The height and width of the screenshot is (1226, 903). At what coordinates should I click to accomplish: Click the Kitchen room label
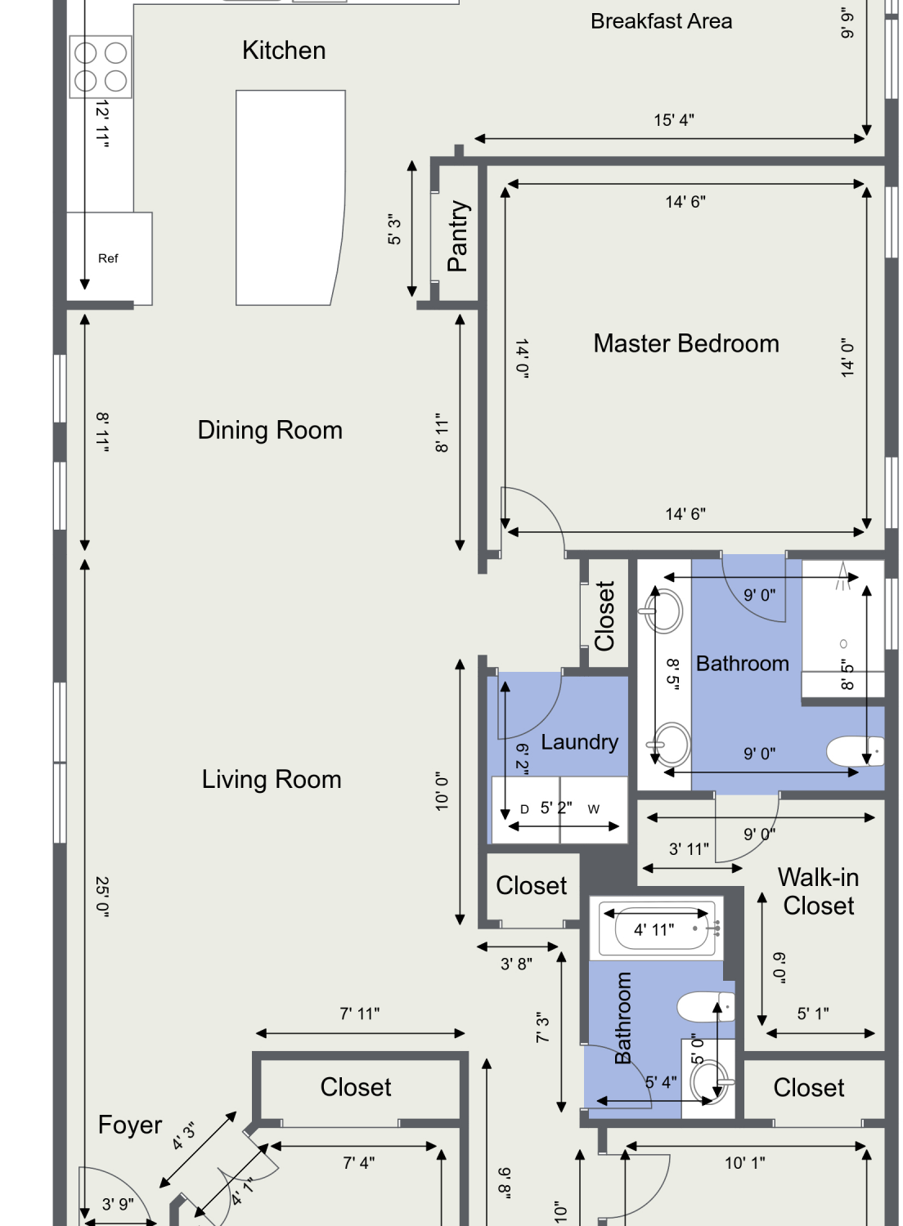tap(284, 51)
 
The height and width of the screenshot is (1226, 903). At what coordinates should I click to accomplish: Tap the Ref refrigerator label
tap(108, 258)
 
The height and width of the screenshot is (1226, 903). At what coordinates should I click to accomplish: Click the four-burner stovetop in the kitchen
tap(101, 67)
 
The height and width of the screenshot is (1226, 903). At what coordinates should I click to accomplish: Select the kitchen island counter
tap(290, 198)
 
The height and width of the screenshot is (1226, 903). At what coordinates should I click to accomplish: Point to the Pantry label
tap(458, 236)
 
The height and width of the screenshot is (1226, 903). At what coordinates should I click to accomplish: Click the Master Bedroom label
tap(686, 344)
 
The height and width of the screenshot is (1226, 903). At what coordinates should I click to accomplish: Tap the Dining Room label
tap(270, 430)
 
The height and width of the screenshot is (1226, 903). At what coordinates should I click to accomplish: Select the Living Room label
tap(272, 780)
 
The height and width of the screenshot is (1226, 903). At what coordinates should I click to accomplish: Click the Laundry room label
tap(579, 742)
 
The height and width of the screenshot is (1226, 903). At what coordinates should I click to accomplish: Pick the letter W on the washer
tap(594, 809)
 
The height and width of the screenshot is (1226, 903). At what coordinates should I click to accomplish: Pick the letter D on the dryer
tap(524, 809)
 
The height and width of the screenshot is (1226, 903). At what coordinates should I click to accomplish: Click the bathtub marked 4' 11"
tap(657, 928)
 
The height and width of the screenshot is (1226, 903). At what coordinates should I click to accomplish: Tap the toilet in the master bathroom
tap(855, 751)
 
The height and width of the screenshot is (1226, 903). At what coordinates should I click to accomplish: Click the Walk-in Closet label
tap(818, 892)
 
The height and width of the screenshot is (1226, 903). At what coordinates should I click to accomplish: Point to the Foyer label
tap(130, 1125)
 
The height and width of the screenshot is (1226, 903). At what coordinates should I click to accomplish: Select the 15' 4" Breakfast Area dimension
tap(673, 120)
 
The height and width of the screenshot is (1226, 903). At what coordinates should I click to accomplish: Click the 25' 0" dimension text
tap(102, 897)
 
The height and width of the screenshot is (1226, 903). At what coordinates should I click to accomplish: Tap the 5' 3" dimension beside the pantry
tap(394, 230)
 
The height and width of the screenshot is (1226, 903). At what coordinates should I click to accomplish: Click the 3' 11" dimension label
tap(689, 849)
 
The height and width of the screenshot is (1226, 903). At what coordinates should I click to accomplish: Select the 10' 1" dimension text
tap(745, 1163)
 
